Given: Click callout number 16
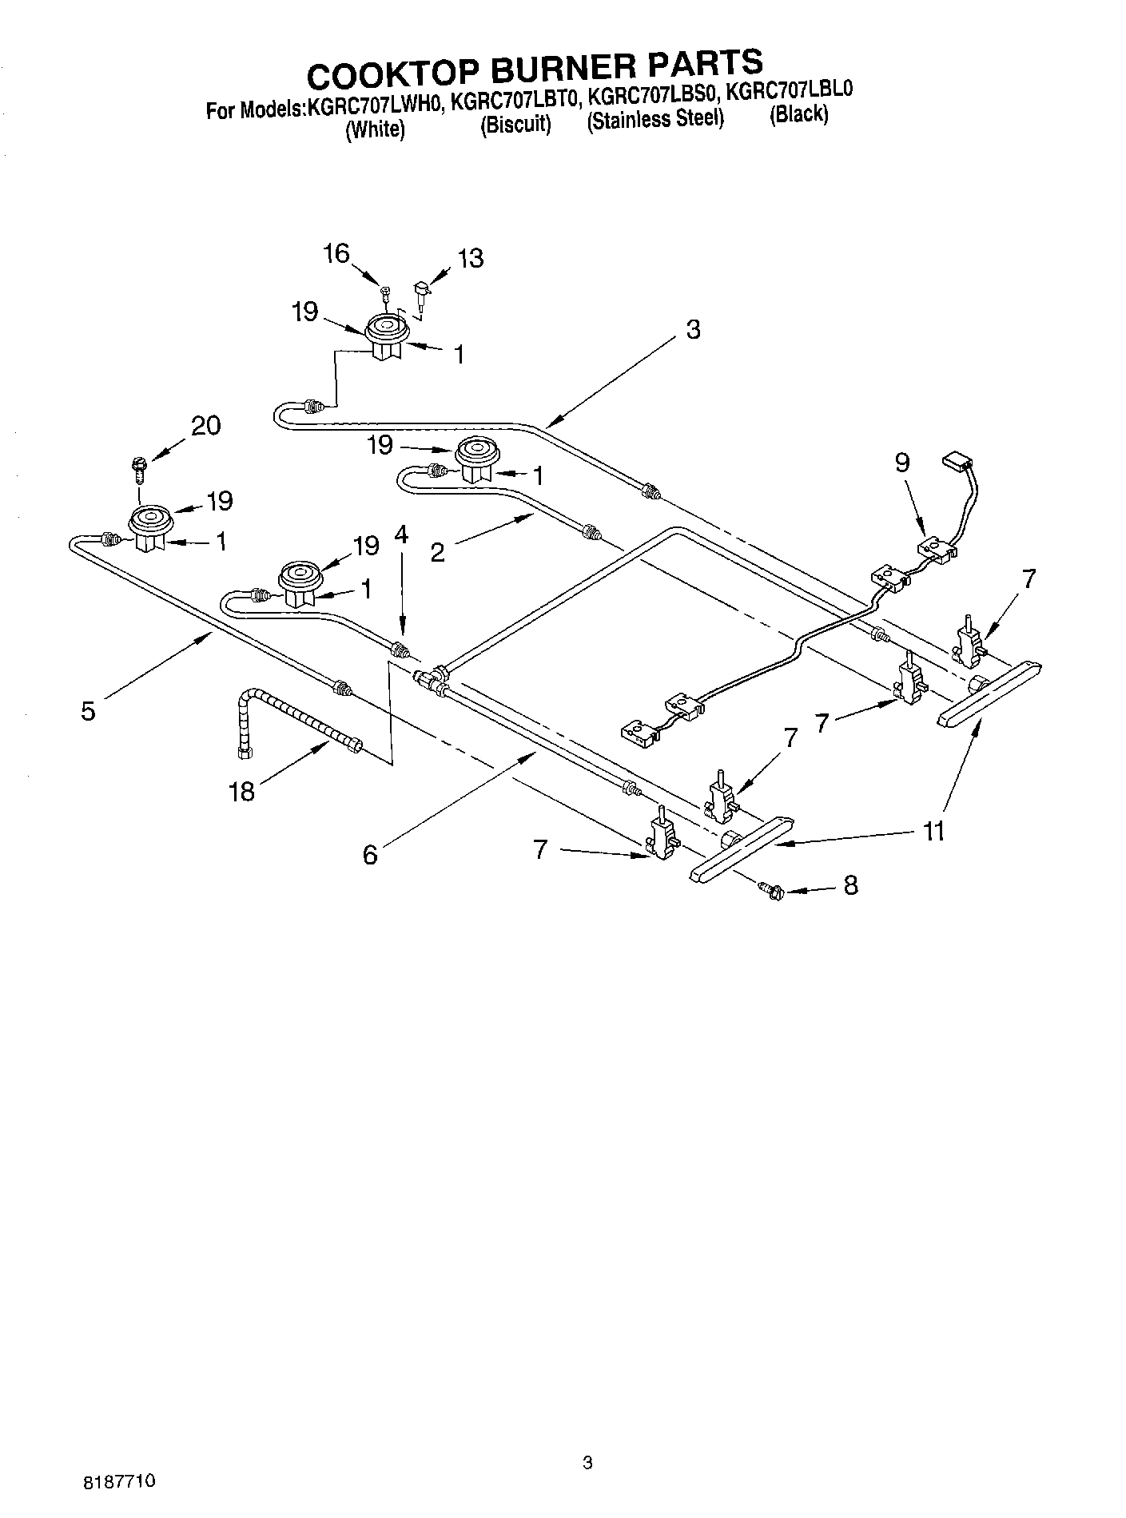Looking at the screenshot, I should [x=336, y=254].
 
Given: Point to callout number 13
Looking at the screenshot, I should [x=471, y=258].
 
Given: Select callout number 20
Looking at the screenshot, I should [x=205, y=426].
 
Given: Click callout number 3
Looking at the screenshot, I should [x=693, y=329].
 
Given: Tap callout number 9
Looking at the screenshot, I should [x=902, y=463].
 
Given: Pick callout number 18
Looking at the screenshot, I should [x=241, y=791].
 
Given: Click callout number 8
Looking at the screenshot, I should [x=850, y=884].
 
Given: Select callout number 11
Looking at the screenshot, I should [x=933, y=831].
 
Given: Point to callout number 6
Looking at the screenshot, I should [x=369, y=855].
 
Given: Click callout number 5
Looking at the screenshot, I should [x=88, y=710].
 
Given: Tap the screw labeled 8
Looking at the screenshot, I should [x=770, y=888].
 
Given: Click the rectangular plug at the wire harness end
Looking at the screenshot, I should [x=956, y=460].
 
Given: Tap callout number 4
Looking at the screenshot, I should [x=401, y=534].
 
